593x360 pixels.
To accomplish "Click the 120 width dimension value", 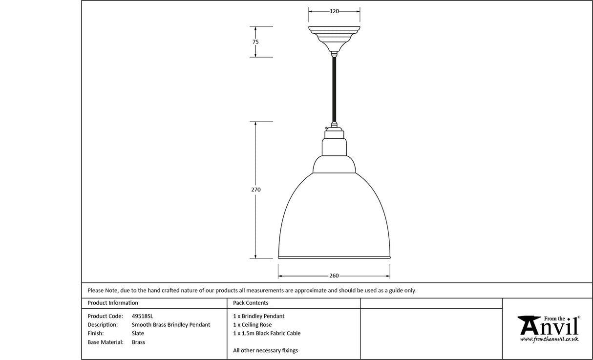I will (x=334, y=11).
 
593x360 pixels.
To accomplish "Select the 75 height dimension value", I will (x=255, y=42).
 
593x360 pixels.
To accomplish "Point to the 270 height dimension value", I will (x=256, y=190).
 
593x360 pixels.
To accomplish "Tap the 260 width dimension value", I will (x=334, y=276).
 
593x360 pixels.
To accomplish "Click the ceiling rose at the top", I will (x=334, y=37).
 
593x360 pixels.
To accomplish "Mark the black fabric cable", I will (x=334, y=88).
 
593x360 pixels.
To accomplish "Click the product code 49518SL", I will (x=142, y=316).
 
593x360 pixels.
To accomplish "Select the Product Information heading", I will (x=113, y=303).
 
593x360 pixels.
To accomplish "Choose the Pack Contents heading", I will (x=251, y=303).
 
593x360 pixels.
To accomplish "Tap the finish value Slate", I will (x=138, y=334).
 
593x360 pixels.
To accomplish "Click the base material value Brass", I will (x=138, y=342).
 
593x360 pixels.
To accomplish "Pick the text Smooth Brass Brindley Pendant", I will (x=171, y=325).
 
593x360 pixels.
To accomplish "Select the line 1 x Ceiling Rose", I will (x=252, y=325).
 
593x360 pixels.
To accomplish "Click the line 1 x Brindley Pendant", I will (x=258, y=316).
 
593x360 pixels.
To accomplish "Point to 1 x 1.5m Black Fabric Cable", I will (x=267, y=334).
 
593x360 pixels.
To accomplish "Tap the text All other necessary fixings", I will (x=265, y=350).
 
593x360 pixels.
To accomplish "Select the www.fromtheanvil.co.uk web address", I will (x=549, y=339).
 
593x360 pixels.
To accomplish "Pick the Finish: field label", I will (x=95, y=334).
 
